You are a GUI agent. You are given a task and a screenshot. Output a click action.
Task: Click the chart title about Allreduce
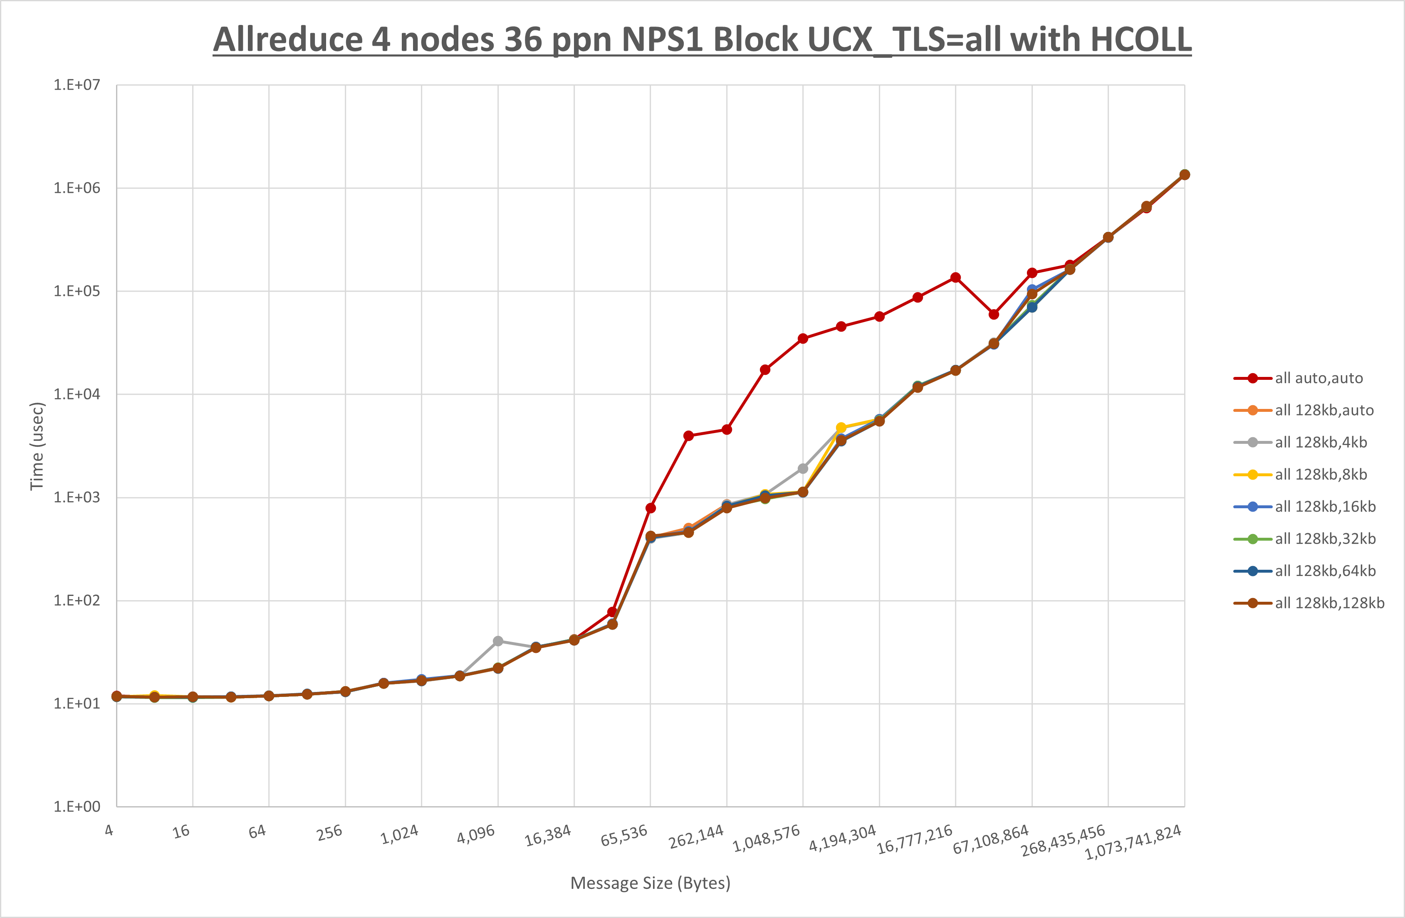[x=702, y=39]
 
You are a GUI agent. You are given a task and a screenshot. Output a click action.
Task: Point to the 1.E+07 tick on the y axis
[x=77, y=85]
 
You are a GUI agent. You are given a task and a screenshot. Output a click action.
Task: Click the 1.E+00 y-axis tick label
[x=77, y=807]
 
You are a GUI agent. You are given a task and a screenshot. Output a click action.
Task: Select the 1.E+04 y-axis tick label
[x=77, y=394]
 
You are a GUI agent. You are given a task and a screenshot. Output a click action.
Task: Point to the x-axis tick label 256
[x=329, y=832]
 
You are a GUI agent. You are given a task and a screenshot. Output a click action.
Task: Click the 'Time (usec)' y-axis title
[x=37, y=446]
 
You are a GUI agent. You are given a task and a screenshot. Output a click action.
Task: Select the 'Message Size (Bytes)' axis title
[x=650, y=883]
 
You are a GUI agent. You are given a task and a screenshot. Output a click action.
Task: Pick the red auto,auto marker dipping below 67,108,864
[x=994, y=315]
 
